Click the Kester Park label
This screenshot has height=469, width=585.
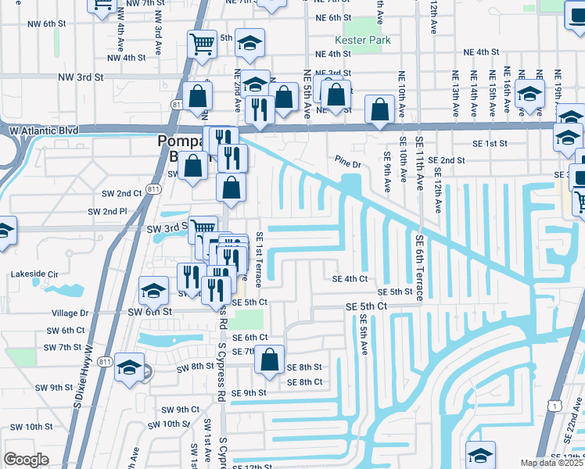click(x=356, y=40)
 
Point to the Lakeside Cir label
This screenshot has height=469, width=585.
click(x=34, y=274)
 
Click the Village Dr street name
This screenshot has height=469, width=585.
click(x=70, y=313)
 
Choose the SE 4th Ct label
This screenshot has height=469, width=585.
click(x=350, y=278)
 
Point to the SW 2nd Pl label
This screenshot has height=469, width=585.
click(x=108, y=212)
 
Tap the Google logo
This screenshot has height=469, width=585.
click(x=26, y=460)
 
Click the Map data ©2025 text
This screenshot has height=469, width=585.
click(x=552, y=463)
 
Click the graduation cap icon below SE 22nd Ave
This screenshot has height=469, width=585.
click(x=480, y=454)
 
